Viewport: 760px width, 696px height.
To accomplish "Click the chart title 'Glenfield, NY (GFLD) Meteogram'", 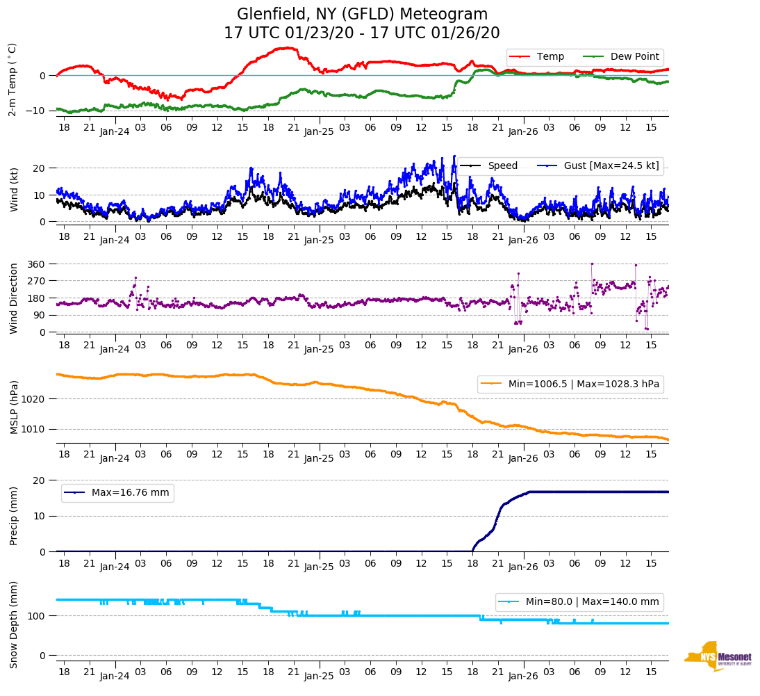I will pos(362,14).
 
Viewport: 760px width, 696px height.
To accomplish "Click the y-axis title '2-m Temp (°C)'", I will pos(12,79).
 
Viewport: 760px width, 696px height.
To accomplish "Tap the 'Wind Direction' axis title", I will pos(14,298).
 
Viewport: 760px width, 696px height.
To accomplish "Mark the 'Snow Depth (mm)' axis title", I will pos(14,625).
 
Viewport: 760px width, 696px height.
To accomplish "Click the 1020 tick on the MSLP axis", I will pos(35,399).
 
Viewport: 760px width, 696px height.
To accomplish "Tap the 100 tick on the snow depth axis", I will pos(37,616).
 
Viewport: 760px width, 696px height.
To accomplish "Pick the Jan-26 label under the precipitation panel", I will pos(523,567).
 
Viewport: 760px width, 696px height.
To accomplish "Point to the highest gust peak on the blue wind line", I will pos(454,156).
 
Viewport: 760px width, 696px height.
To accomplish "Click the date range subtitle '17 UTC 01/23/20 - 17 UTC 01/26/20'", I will pos(362,33).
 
